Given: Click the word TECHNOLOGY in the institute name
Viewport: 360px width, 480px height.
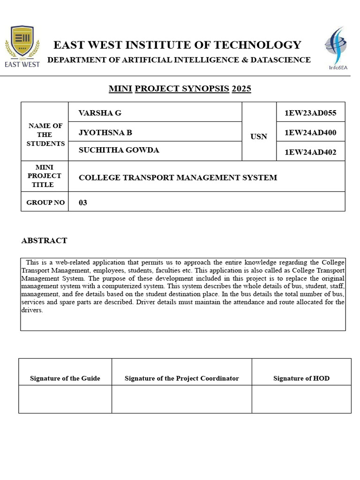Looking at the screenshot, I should click(x=257, y=45).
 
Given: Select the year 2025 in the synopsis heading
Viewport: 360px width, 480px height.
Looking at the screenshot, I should click(x=241, y=89).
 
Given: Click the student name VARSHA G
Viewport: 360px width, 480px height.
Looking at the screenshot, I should click(x=100, y=113).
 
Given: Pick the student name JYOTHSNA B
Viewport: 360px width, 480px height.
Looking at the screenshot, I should click(x=105, y=133).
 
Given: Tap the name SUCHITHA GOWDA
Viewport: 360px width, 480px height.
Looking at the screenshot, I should click(x=119, y=150).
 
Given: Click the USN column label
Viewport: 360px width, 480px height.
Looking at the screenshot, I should click(x=259, y=136).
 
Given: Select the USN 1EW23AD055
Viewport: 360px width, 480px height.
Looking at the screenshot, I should click(x=310, y=113).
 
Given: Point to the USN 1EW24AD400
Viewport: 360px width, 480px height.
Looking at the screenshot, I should click(x=310, y=133).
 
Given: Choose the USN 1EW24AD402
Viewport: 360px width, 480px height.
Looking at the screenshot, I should click(x=310, y=152).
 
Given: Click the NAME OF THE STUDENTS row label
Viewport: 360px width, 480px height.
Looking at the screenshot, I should click(x=45, y=135).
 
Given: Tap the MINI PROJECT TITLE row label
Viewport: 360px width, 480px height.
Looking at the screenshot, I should click(x=45, y=176).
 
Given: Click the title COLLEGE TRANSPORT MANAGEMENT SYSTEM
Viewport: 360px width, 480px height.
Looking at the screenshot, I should click(x=178, y=178).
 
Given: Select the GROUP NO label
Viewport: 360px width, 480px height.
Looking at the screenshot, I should click(x=45, y=202).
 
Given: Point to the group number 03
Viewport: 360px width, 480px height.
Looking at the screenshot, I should click(x=83, y=203).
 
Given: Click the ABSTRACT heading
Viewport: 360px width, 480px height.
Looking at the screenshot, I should click(x=44, y=240).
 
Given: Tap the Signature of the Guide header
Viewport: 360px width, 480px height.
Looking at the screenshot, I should click(x=65, y=378).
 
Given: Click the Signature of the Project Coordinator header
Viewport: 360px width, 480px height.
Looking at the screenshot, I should click(x=182, y=378).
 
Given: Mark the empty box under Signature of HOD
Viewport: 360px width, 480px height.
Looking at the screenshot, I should click(x=301, y=399).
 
